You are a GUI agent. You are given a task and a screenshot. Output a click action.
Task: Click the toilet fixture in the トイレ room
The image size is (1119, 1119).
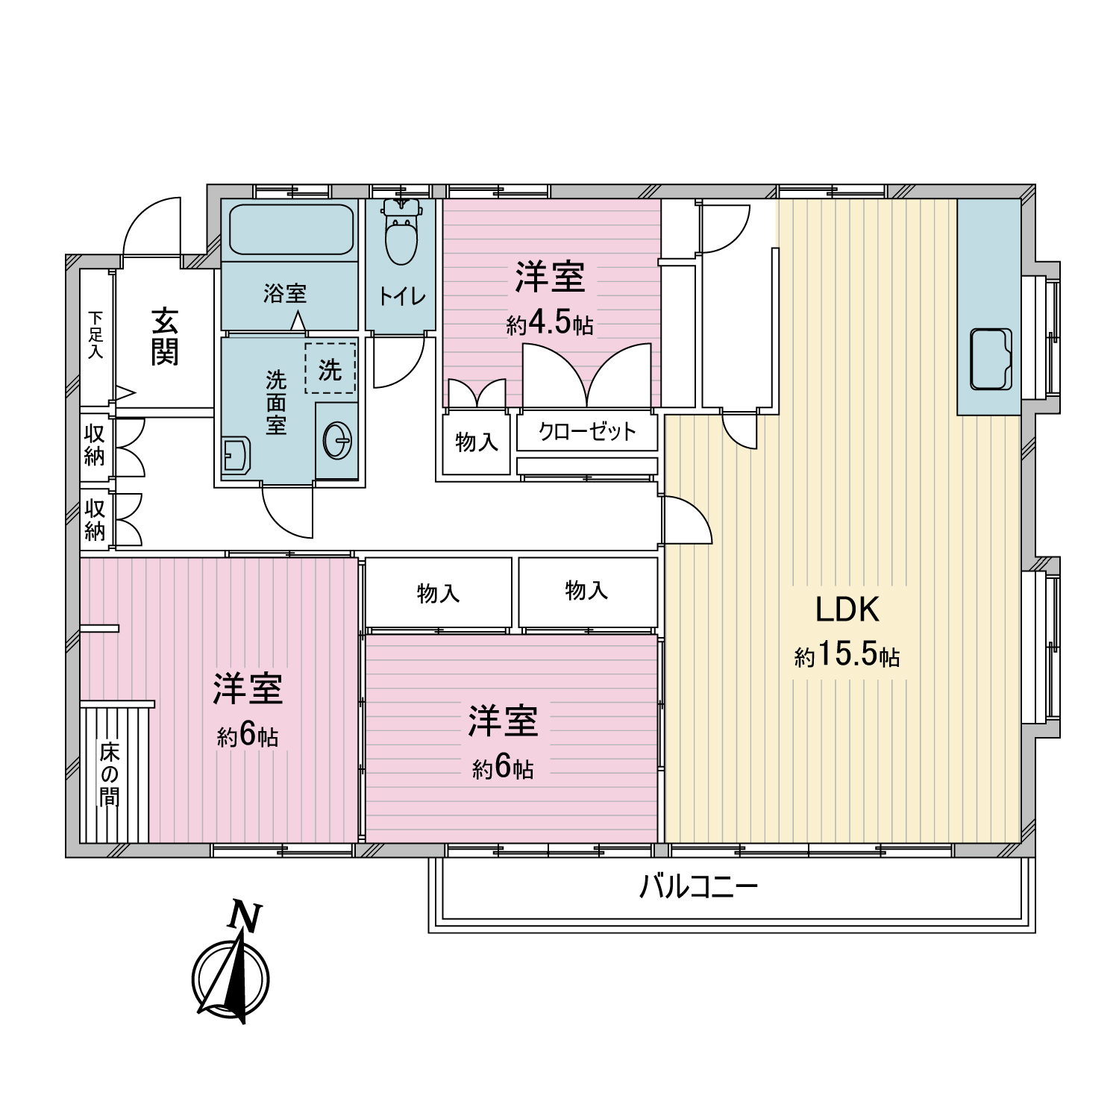pos(402,232)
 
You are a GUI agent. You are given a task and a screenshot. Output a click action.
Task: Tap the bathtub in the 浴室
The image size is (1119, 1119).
pos(291,229)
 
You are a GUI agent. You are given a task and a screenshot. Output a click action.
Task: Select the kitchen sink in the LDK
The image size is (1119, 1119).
pos(991,359)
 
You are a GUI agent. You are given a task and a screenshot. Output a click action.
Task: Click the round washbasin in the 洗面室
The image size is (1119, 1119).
pos(337,442)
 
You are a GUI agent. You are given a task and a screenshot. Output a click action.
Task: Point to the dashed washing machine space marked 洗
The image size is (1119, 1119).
pos(330,369)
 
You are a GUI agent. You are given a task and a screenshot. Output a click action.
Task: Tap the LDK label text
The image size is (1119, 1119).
pos(847,609)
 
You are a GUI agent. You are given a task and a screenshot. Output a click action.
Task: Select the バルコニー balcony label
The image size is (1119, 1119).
pos(698,887)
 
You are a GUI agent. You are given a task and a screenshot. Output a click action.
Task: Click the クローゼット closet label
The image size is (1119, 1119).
pos(587,432)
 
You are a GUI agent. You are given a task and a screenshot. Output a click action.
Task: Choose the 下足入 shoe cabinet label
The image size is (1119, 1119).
pos(95,336)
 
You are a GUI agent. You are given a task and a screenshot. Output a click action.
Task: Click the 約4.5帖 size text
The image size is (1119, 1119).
pos(550,324)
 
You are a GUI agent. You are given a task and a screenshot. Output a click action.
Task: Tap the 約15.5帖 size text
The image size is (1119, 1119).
pos(847,656)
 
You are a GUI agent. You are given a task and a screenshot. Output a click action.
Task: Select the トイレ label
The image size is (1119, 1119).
pos(402,297)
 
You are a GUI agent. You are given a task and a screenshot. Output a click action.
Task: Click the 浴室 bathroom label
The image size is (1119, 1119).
pos(285,293)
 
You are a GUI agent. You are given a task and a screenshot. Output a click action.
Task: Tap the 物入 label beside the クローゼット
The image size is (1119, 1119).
pos(476,442)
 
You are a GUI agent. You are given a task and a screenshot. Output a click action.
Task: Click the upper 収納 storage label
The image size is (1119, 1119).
pos(95,445)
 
